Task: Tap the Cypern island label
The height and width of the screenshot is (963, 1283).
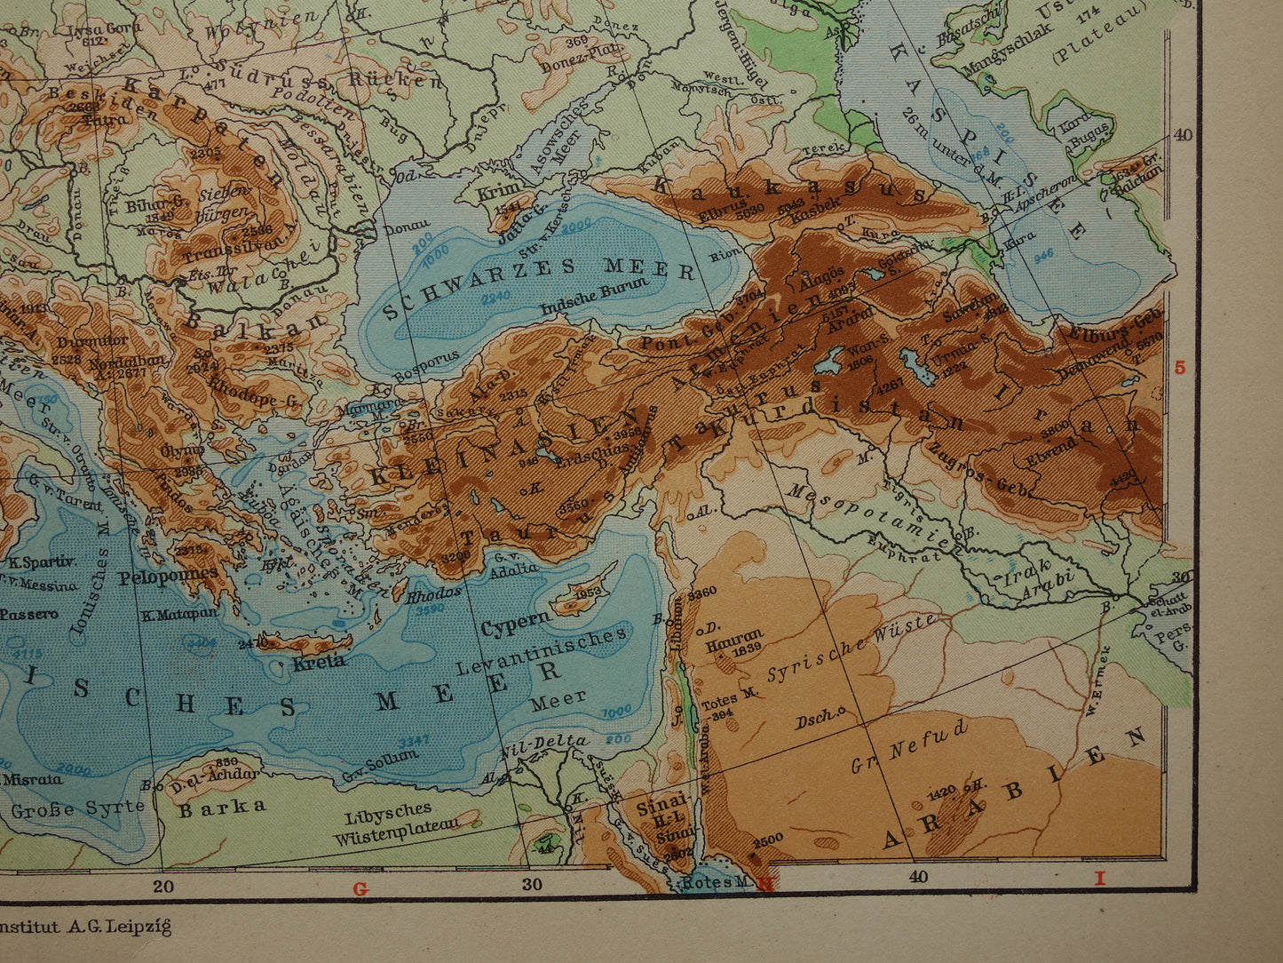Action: [511, 624]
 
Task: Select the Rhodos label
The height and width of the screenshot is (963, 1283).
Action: [434, 593]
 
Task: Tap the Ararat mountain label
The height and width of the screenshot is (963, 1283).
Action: [849, 326]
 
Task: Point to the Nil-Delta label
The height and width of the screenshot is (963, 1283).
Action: [543, 742]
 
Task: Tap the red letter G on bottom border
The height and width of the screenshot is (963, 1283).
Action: [360, 887]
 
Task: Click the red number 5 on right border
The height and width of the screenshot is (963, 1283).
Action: [1180, 367]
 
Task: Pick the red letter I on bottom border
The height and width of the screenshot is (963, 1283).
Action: [1099, 879]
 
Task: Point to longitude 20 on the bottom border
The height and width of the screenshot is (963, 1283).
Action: [162, 884]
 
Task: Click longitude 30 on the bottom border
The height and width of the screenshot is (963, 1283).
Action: [532, 884]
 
